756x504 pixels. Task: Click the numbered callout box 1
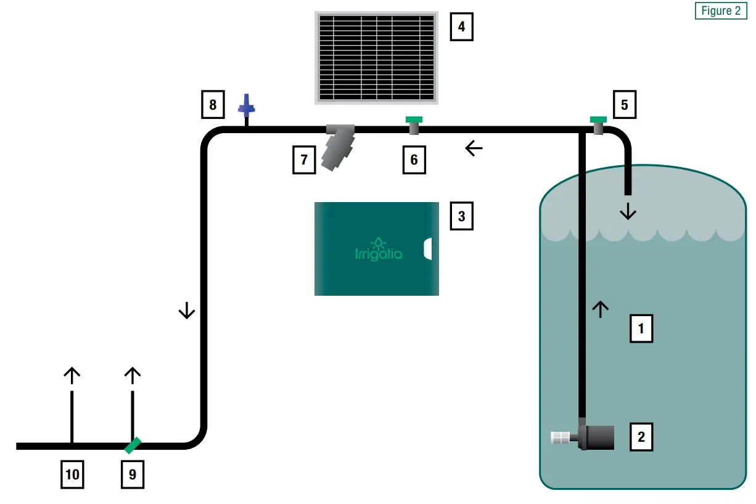tap(641, 328)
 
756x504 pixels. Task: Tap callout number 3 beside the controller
tap(462, 216)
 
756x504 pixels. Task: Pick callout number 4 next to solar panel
tap(462, 27)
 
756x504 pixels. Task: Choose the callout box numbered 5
tap(624, 105)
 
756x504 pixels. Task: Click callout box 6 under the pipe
tap(414, 160)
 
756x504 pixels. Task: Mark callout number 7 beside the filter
tap(304, 160)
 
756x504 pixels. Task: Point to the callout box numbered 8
tap(213, 105)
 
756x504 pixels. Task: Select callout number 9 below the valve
tap(133, 474)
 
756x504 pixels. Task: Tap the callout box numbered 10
tap(72, 474)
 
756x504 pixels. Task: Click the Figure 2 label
tap(721, 10)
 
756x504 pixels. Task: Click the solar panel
tap(377, 57)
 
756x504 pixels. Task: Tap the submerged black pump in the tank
tap(596, 437)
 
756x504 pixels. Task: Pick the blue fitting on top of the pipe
tap(247, 107)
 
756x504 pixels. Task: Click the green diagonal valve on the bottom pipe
tap(133, 445)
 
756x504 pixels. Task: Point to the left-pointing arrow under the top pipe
tap(474, 148)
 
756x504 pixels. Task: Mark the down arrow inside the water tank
tap(628, 213)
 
